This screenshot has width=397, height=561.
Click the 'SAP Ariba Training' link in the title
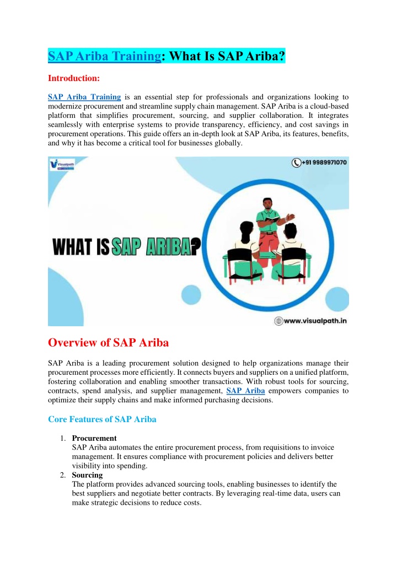tap(104, 56)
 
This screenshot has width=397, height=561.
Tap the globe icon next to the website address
tap(280, 320)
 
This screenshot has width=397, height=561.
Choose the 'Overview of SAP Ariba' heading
tap(108, 342)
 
